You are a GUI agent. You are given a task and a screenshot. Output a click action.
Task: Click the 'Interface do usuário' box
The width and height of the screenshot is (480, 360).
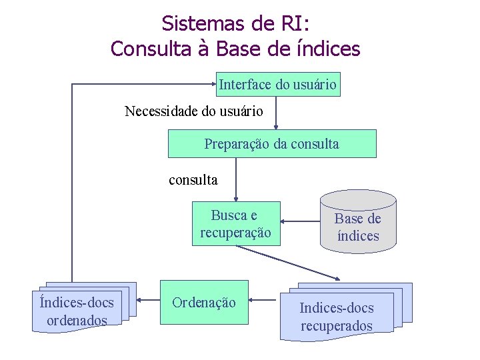coord(278,85)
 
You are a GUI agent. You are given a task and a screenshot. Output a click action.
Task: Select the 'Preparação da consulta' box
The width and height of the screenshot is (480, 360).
coord(271,143)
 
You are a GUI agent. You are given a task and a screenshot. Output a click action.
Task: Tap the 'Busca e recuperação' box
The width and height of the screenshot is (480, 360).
coord(235,224)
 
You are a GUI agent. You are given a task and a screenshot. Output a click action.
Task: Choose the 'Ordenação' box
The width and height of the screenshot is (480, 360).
coord(204,302)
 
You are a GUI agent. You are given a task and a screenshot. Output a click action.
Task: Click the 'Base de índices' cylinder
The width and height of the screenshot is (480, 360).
coord(358,227)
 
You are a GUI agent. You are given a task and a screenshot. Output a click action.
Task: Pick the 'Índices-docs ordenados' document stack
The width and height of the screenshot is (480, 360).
coord(77,311)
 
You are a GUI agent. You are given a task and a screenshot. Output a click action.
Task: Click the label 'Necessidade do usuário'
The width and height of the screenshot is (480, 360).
coord(194,111)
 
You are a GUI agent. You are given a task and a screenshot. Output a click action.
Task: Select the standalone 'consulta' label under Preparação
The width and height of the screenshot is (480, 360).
coord(193,179)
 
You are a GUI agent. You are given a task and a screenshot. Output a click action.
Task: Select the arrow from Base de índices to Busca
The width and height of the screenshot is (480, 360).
coord(300,223)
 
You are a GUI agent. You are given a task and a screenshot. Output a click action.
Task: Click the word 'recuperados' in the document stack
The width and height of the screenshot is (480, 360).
coord(337,326)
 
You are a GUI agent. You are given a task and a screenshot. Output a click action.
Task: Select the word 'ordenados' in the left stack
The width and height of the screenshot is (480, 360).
coord(77,321)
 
